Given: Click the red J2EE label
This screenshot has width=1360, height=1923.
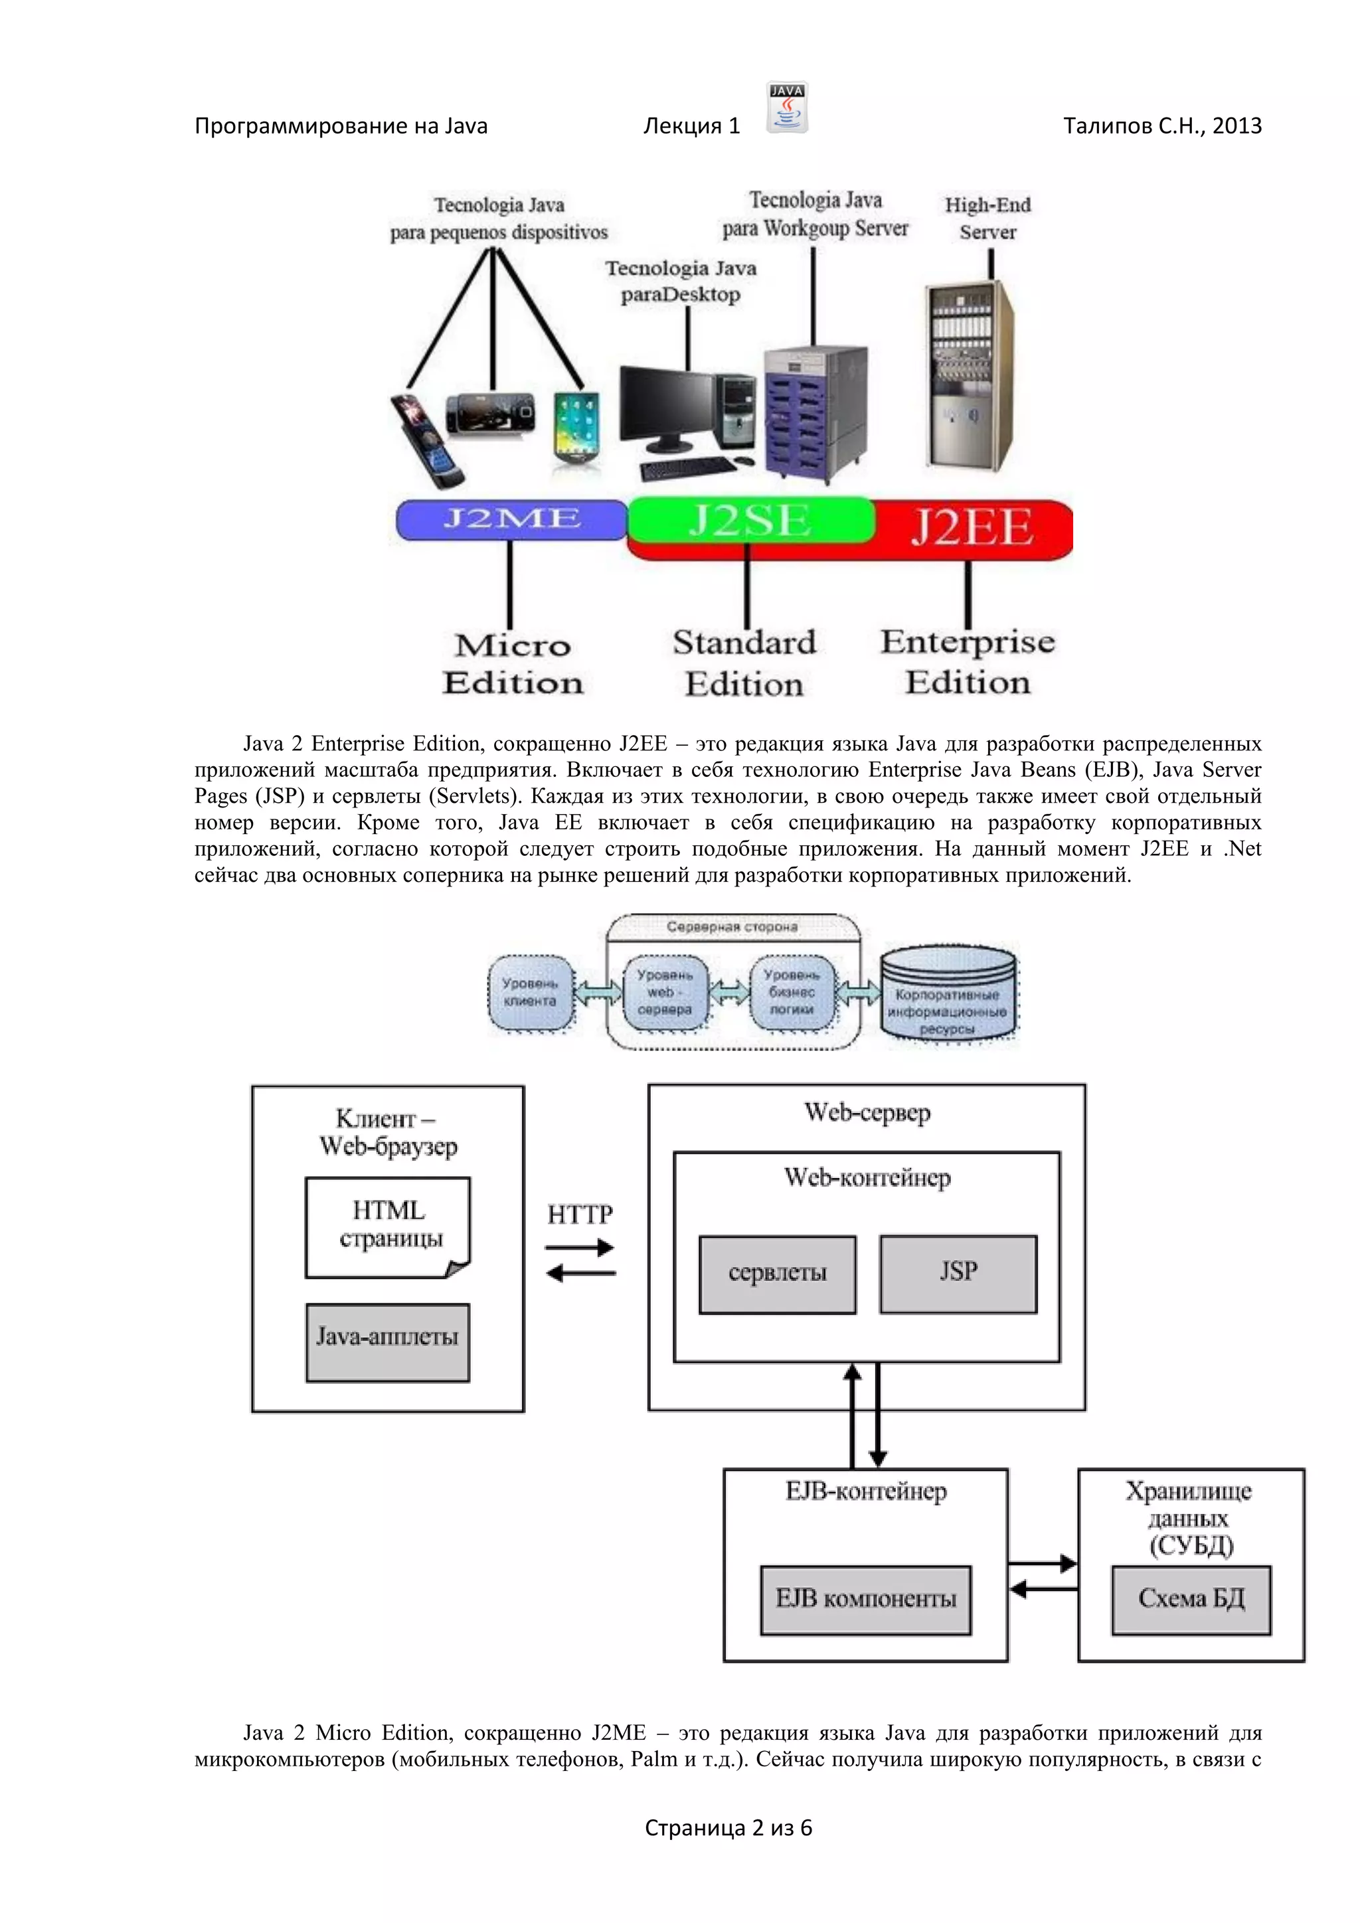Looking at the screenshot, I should point(972,528).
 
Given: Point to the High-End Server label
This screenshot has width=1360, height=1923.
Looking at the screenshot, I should point(987,218).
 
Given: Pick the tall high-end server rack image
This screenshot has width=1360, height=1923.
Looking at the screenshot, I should point(970,377).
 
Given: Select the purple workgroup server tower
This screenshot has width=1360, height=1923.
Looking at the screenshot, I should point(814,414).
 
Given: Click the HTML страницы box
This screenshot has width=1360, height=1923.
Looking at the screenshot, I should point(388,1227).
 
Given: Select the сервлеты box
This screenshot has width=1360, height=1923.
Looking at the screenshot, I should point(777,1274).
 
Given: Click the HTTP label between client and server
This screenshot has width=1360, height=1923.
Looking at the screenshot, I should point(580,1214).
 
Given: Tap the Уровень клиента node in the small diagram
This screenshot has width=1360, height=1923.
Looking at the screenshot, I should point(530,993).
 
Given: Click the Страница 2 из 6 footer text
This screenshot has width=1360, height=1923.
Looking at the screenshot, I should point(728,1827).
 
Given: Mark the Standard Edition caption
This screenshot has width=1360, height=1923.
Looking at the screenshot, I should point(744,663).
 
